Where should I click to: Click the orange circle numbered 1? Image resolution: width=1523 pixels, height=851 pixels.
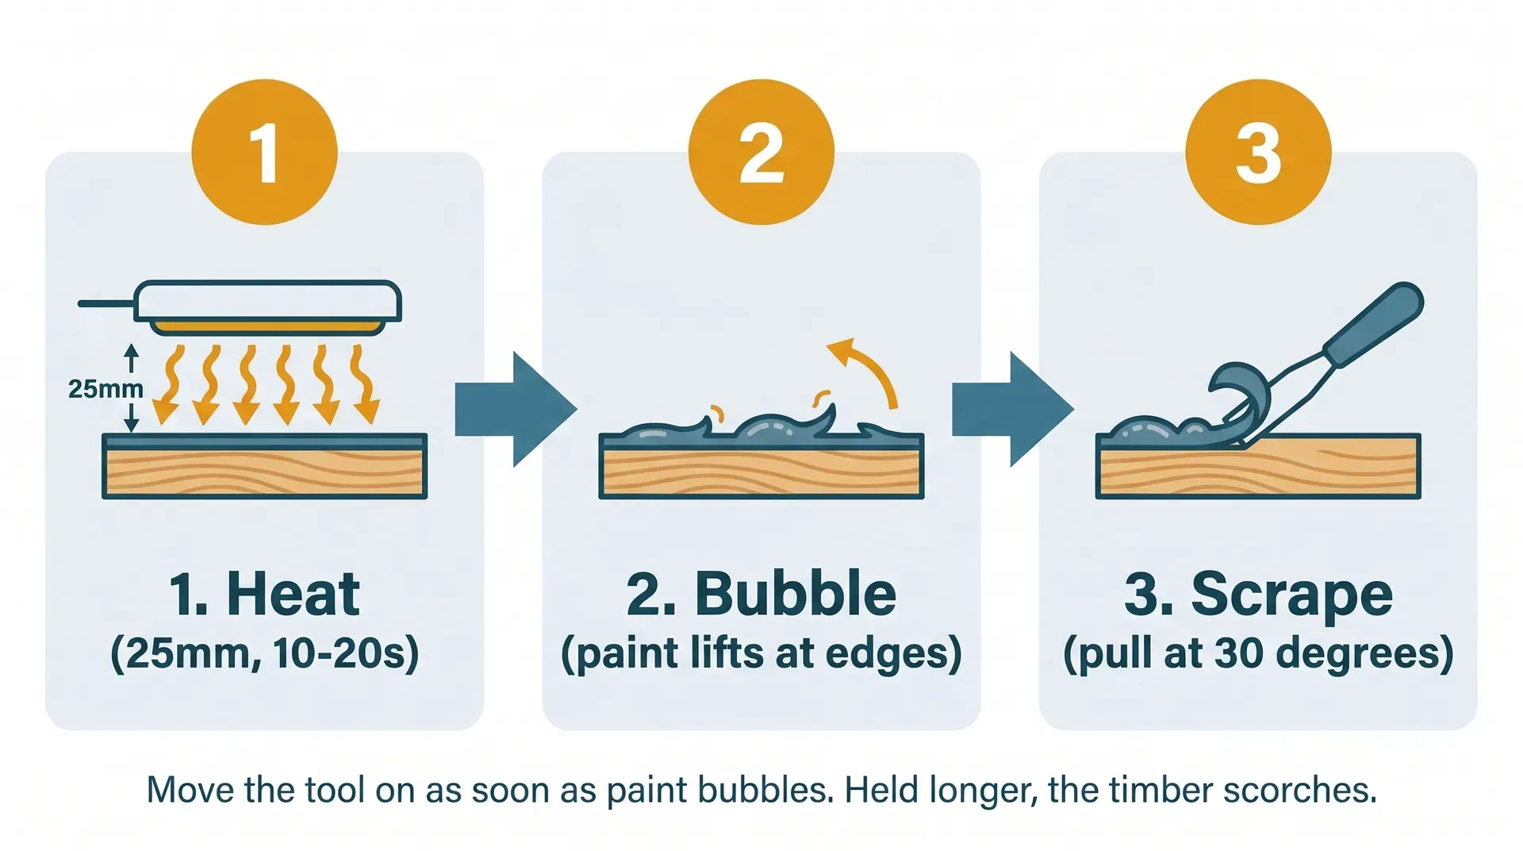tap(264, 152)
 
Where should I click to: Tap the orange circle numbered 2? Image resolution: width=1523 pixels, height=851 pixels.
tap(761, 152)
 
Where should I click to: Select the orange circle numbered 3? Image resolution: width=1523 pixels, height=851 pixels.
tap(1258, 152)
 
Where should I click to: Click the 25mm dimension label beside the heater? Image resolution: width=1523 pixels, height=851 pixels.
tap(105, 389)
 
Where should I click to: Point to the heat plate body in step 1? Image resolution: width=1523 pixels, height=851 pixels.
tap(268, 300)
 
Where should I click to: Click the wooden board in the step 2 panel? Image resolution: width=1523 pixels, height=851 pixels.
tap(761, 474)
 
